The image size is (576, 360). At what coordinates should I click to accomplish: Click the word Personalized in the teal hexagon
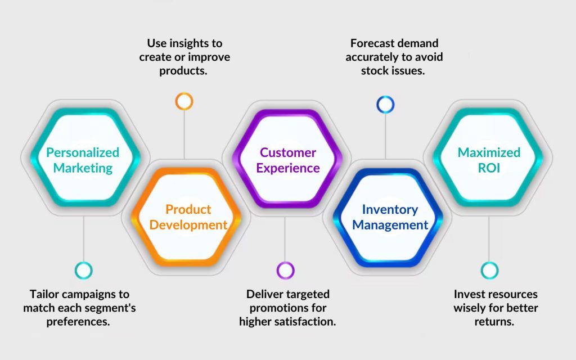click(83, 152)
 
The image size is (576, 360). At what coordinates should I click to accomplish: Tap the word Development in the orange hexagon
click(188, 225)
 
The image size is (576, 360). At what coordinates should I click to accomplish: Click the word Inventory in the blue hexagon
click(390, 209)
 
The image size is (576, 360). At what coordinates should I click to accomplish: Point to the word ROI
click(488, 168)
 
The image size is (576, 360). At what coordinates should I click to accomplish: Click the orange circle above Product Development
click(184, 101)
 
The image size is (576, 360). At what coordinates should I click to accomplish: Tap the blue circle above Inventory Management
click(385, 104)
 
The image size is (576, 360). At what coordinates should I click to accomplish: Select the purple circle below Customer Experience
click(285, 270)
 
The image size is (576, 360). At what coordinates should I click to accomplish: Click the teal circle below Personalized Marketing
click(83, 271)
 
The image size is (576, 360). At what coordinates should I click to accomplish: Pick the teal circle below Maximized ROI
click(489, 270)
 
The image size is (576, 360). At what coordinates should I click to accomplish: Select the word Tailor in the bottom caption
click(43, 294)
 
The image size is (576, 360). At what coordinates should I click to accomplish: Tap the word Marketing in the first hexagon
click(83, 168)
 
